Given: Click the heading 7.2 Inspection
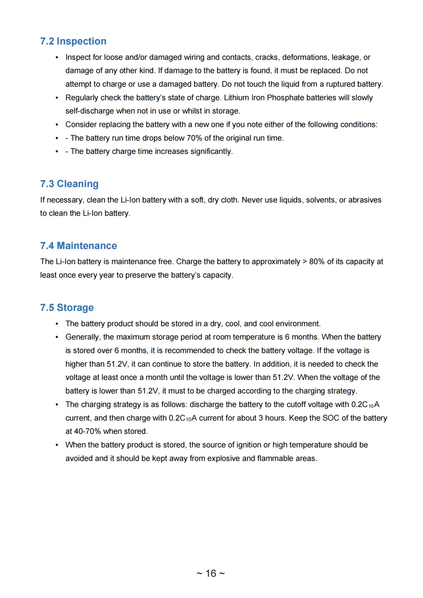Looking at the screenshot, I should (73, 41).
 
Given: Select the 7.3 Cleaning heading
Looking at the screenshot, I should (69, 184).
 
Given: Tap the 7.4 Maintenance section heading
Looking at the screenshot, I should (79, 246).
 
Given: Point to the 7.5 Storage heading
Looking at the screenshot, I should (67, 308).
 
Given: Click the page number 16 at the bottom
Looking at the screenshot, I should (211, 573).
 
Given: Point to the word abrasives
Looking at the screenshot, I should (365, 200).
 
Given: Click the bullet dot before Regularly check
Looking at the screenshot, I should (57, 98).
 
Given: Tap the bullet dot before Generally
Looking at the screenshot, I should (57, 337).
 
